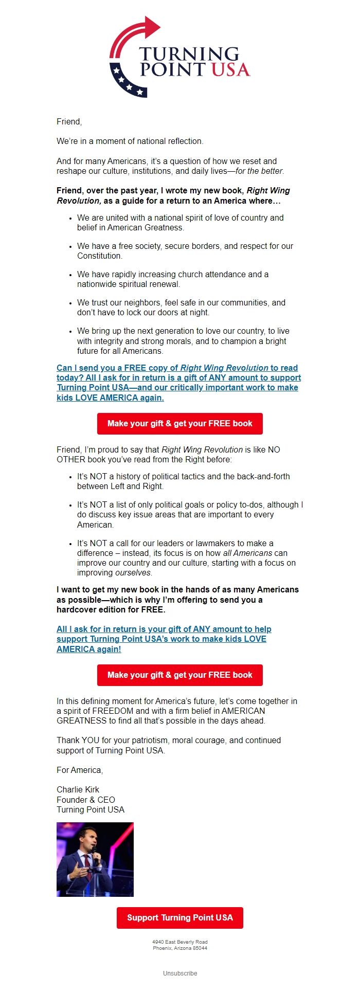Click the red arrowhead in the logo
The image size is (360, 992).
[152, 27]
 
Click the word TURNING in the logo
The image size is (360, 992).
[189, 53]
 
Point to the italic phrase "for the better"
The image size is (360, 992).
[259, 171]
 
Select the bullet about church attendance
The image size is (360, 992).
[173, 279]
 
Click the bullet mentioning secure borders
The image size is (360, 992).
[185, 251]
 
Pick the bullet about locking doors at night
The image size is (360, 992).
[181, 308]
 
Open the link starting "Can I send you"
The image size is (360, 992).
[178, 383]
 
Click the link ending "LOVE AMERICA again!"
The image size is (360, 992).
[164, 639]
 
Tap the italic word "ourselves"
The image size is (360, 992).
[133, 573]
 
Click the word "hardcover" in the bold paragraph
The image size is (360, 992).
[78, 610]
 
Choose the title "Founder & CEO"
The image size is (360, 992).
[86, 800]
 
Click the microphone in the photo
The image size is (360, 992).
[94, 853]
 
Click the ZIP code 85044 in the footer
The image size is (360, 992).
[200, 948]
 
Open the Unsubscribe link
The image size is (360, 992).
[180, 973]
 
